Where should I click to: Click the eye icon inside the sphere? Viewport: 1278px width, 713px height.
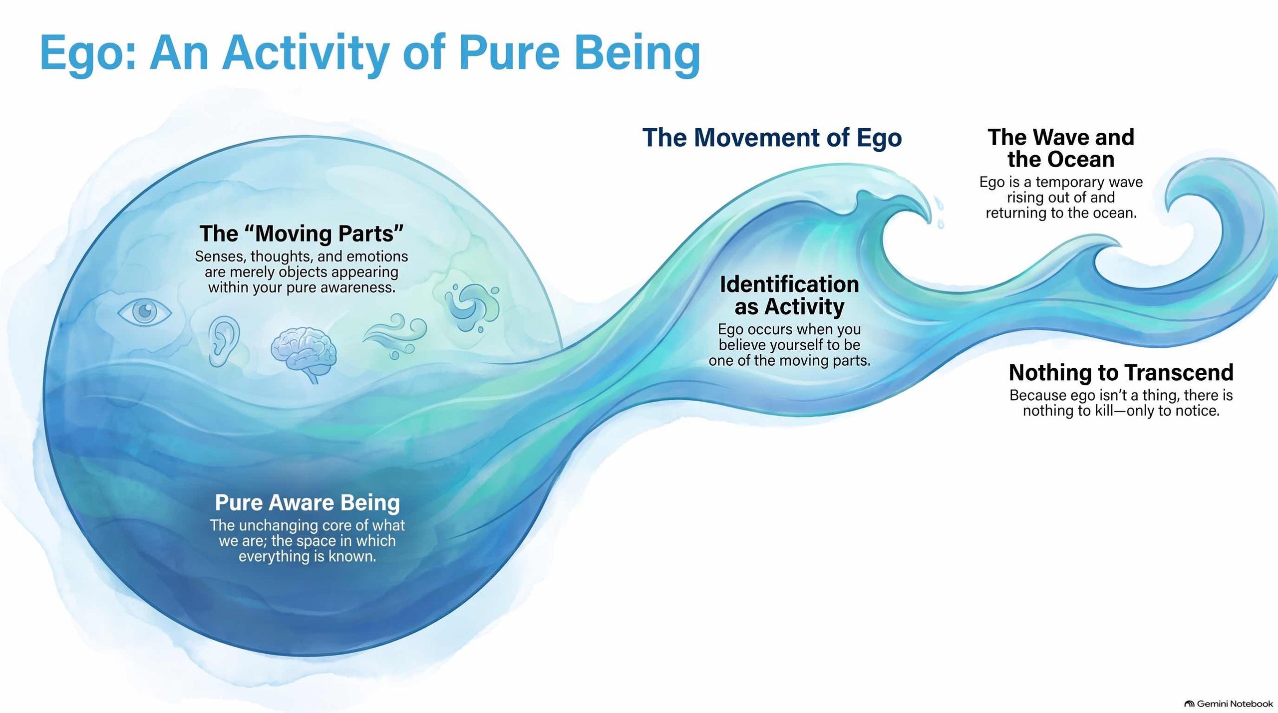pyautogui.click(x=145, y=312)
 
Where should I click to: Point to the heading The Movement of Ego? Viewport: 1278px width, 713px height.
pyautogui.click(x=772, y=138)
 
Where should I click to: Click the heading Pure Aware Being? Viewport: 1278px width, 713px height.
pyautogui.click(x=307, y=502)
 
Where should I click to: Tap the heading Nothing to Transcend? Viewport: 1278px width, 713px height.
pyautogui.click(x=1121, y=372)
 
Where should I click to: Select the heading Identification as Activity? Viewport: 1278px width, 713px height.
pyautogui.click(x=789, y=295)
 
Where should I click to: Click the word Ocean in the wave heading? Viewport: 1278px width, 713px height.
pyautogui.click(x=1079, y=160)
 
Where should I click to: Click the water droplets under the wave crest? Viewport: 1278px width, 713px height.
pyautogui.click(x=939, y=213)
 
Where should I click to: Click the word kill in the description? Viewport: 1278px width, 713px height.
pyautogui.click(x=1128, y=411)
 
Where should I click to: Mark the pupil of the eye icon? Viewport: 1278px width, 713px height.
pyautogui.click(x=145, y=312)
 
